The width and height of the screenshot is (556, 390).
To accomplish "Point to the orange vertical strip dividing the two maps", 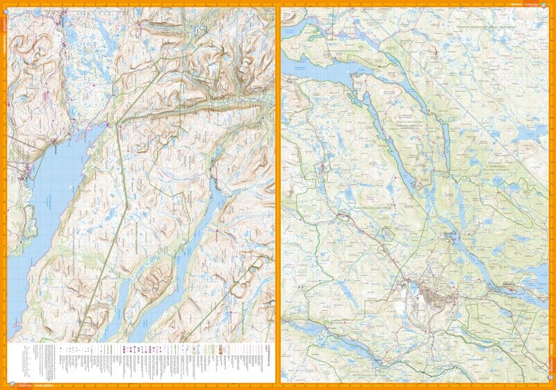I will pos(278,194).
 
